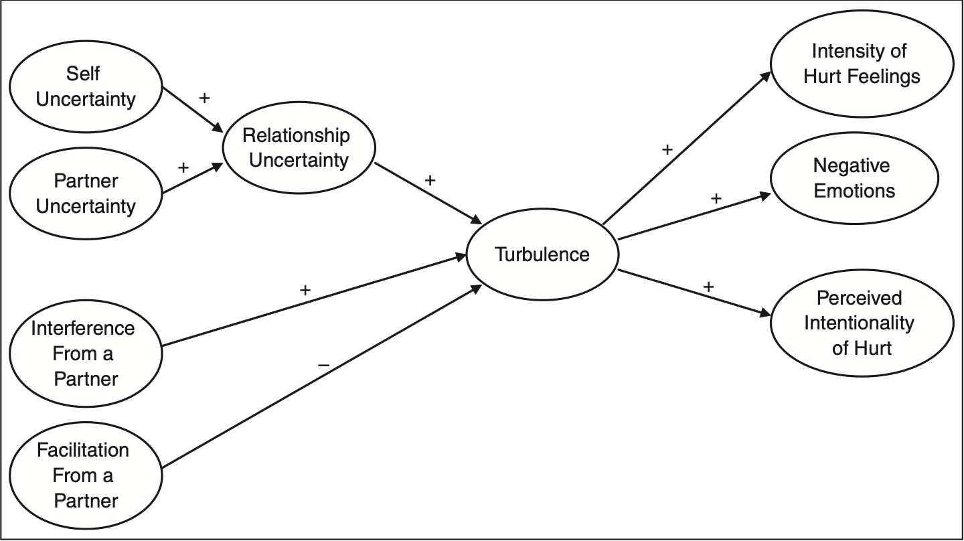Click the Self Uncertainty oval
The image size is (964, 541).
click(86, 87)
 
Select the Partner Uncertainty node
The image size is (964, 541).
click(86, 194)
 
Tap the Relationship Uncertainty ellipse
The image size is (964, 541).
click(298, 148)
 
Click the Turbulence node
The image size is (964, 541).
click(542, 255)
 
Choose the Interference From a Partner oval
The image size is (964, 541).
click(86, 354)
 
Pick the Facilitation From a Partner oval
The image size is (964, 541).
click(86, 475)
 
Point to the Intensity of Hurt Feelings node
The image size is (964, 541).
click(862, 64)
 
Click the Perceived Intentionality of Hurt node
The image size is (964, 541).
click(862, 323)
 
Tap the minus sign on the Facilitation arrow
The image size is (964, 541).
click(323, 365)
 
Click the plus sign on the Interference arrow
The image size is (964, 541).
click(305, 290)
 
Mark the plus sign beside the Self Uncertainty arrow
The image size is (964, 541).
click(204, 98)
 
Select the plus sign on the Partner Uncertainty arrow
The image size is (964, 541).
click(183, 167)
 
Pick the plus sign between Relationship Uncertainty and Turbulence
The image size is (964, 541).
click(430, 180)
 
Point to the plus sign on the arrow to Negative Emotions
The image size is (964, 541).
click(716, 198)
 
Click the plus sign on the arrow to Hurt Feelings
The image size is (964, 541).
click(667, 149)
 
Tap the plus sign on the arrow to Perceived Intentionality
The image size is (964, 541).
click(708, 287)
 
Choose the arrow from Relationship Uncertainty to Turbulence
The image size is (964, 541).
click(428, 194)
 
